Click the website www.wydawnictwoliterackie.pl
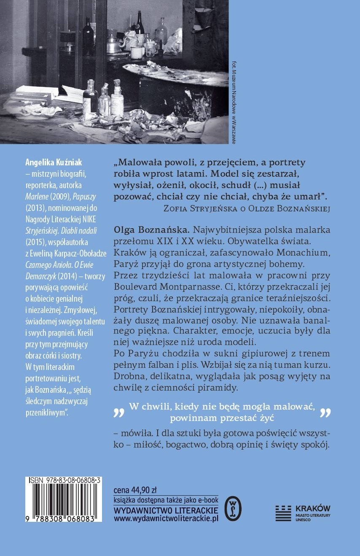(x=166, y=518)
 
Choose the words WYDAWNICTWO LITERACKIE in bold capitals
(x=166, y=509)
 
